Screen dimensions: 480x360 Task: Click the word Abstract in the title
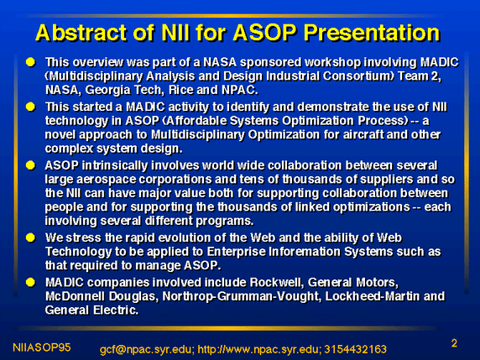pyautogui.click(x=81, y=33)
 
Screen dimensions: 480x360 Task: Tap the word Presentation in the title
pyautogui.click(x=372, y=33)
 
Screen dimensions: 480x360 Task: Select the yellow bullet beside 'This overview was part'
pyautogui.click(x=30, y=62)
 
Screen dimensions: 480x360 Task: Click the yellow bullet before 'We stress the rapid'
pyautogui.click(x=30, y=237)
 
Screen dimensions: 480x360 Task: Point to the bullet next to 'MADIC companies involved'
pyautogui.click(x=30, y=282)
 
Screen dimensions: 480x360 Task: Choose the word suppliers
pyautogui.click(x=387, y=180)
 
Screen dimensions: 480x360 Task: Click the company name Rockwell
pyautogui.click(x=277, y=283)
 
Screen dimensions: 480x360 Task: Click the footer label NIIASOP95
pyautogui.click(x=42, y=347)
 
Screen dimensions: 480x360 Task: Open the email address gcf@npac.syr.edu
pyautogui.click(x=147, y=349)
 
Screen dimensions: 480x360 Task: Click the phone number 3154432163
pyautogui.click(x=356, y=349)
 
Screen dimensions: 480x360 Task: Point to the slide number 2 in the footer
pyautogui.click(x=454, y=343)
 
